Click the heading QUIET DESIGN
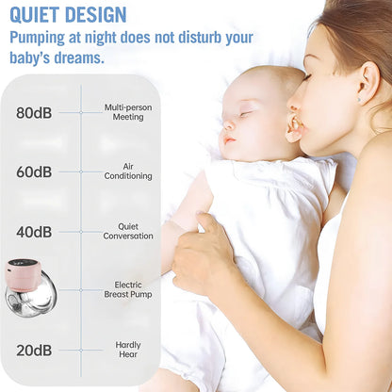pos(67,14)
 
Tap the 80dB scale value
pos(34,113)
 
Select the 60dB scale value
pos(34,172)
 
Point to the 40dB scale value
pos(34,232)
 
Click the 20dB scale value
pos(34,351)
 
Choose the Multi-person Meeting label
pos(128,113)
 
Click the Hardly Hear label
pos(128,351)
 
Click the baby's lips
pos(226,139)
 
